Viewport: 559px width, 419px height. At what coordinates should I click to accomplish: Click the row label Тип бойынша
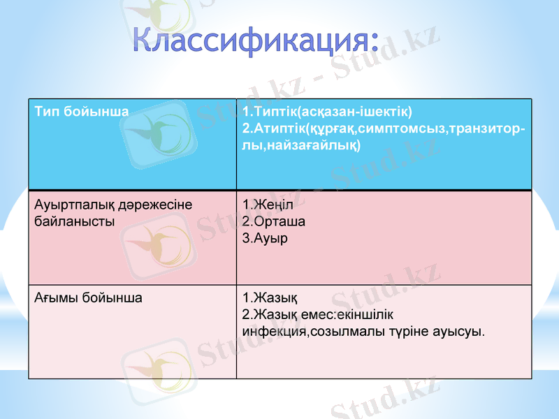pyautogui.click(x=81, y=111)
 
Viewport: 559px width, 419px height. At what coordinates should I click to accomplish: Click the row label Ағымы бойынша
pyautogui.click(x=88, y=297)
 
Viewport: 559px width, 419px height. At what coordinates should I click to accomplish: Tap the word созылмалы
pyautogui.click(x=344, y=330)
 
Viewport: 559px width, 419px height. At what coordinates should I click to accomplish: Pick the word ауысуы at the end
pyautogui.click(x=463, y=330)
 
